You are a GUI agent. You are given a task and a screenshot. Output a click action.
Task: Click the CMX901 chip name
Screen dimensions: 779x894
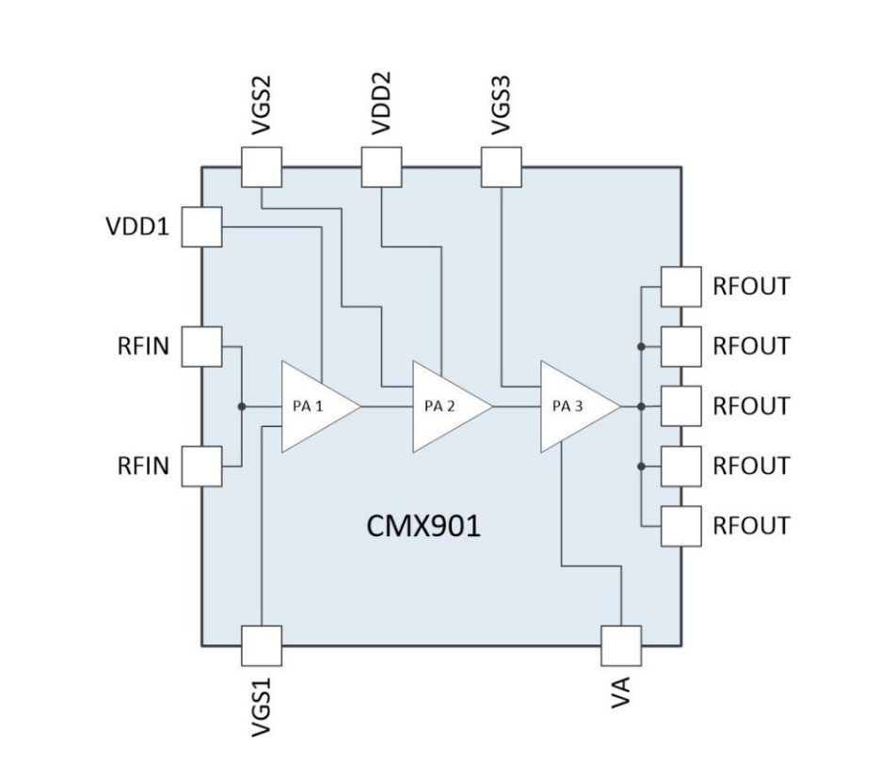(x=423, y=526)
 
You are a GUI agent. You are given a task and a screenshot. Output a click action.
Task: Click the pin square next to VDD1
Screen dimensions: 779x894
(x=200, y=227)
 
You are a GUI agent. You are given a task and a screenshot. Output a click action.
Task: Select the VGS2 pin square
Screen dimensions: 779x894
(x=262, y=168)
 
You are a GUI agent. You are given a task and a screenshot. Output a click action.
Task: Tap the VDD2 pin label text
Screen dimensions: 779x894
(x=381, y=103)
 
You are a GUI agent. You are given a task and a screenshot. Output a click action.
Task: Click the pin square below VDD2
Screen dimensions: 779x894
(x=381, y=168)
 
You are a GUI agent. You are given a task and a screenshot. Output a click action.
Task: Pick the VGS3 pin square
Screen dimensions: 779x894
(x=501, y=168)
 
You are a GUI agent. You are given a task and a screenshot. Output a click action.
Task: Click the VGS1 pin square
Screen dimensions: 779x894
(x=262, y=645)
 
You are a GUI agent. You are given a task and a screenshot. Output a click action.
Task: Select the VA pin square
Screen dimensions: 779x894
(x=621, y=645)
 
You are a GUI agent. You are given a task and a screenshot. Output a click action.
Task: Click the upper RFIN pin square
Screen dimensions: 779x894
(x=200, y=346)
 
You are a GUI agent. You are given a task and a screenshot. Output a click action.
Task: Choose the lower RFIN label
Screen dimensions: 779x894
(x=143, y=466)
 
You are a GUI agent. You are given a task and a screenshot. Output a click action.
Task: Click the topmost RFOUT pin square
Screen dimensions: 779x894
(x=681, y=287)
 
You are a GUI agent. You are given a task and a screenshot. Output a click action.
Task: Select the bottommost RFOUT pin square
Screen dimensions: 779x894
(x=681, y=526)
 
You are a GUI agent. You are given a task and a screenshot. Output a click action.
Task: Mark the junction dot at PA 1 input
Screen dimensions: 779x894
(x=242, y=406)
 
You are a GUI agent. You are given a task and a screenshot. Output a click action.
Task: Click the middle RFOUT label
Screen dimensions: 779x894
(x=750, y=406)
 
